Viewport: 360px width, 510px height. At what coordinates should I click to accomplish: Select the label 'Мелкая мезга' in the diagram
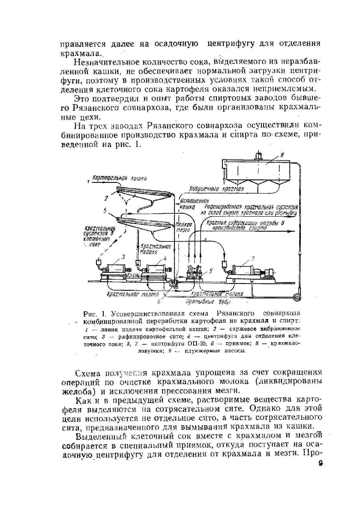185,227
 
